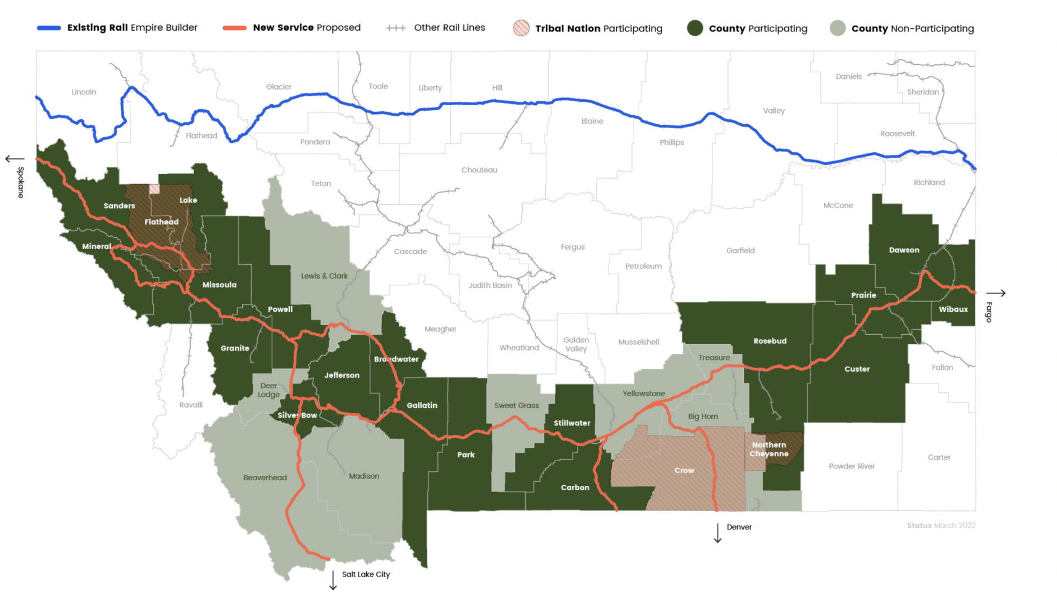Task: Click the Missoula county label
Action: pos(219,285)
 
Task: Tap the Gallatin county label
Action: pos(422,405)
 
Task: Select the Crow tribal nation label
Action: pos(684,470)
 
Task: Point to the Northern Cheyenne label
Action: pos(769,449)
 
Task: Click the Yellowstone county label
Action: pos(644,393)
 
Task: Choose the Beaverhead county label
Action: pos(265,477)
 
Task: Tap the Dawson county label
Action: pos(904,250)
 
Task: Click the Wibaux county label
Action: pos(953,309)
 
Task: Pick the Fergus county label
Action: pos(573,247)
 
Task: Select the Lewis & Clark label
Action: pos(324,276)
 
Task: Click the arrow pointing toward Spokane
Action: pos(15,159)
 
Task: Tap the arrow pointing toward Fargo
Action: pos(995,293)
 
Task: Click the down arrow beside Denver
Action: pos(718,533)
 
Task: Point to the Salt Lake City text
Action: pos(366,574)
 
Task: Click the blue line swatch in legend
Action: pos(49,28)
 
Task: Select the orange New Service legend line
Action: pos(234,28)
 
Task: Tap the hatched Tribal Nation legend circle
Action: pos(521,28)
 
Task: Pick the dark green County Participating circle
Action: pos(695,28)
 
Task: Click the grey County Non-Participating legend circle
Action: pos(837,28)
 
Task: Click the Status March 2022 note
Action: pos(941,526)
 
